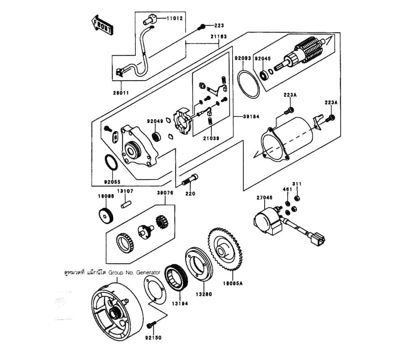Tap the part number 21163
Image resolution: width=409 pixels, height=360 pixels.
219,36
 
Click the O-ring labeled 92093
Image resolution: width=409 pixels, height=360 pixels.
249,84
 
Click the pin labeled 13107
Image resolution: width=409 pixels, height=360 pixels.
126,202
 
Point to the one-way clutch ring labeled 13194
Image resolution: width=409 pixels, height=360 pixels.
176,279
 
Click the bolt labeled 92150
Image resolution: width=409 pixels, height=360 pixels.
151,326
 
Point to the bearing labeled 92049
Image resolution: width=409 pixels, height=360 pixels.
156,135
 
